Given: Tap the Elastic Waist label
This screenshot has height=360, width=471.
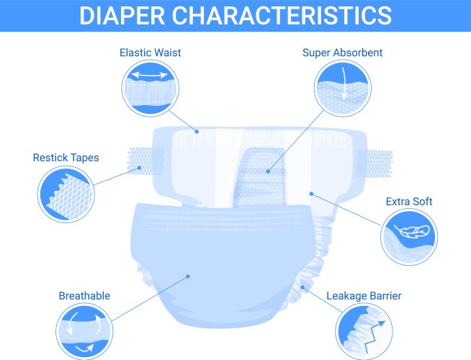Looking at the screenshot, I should pos(150,52).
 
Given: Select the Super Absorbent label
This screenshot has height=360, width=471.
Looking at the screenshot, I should pos(342,52).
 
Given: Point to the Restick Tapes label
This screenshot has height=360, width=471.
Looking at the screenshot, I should pos(66,157).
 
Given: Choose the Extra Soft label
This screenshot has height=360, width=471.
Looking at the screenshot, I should pos(408,202).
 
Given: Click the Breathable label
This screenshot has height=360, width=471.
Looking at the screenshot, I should pos(84,295).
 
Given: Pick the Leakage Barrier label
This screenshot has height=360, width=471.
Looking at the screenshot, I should pos(364,295).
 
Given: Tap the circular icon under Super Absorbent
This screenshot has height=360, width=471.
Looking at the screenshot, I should pos(343,88).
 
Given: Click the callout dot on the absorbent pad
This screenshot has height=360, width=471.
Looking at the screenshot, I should pos(267,171).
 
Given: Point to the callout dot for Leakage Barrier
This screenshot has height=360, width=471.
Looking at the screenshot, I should pos(303,287).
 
